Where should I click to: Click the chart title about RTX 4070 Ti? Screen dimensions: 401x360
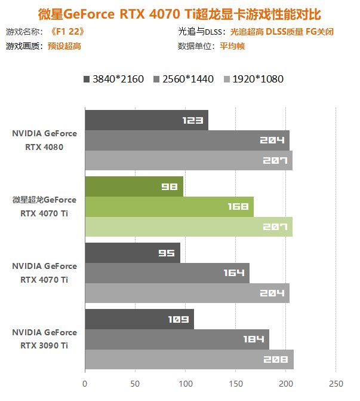click(180, 13)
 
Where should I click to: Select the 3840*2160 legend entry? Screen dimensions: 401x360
click(113, 78)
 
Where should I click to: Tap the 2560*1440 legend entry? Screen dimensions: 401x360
click(183, 78)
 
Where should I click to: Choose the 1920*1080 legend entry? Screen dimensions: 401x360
click(253, 78)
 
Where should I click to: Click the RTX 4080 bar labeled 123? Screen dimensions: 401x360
click(146, 120)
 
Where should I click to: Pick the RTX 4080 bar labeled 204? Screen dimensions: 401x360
click(187, 140)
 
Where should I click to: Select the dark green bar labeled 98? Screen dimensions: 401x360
click(134, 186)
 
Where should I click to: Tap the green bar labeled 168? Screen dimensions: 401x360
click(169, 207)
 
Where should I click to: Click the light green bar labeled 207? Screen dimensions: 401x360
click(189, 227)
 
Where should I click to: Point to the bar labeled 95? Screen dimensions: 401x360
click(132, 253)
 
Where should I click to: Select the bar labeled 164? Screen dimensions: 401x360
click(167, 273)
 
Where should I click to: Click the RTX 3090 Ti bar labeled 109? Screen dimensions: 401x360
click(139, 319)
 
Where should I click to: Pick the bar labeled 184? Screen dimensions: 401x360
click(177, 339)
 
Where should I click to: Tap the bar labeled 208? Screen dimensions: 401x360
click(189, 359)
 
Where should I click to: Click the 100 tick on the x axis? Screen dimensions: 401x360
click(185, 383)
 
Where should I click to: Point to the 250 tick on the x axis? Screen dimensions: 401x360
click(336, 383)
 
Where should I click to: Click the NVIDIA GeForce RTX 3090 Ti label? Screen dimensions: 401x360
click(44, 338)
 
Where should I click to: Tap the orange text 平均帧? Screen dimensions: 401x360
click(226, 46)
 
